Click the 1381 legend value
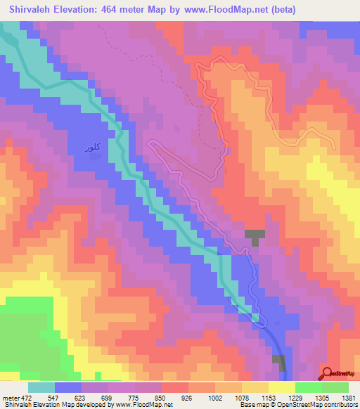pos(349,397)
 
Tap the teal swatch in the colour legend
pos(41,387)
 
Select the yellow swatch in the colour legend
pos(282,387)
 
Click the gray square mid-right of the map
pos(255,237)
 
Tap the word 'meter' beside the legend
pos(12,397)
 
